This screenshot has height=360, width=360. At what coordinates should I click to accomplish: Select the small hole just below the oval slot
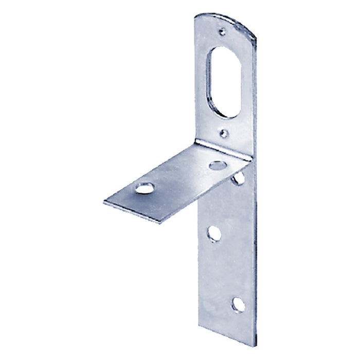pyautogui.click(x=222, y=134)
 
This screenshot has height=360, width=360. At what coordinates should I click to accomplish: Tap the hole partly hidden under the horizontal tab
pyautogui.click(x=238, y=178)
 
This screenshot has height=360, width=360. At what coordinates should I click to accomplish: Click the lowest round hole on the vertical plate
pyautogui.click(x=238, y=304)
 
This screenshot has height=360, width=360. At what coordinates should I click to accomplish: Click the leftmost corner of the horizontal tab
pyautogui.click(x=104, y=202)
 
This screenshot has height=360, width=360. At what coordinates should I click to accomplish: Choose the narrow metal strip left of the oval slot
pyautogui.click(x=202, y=82)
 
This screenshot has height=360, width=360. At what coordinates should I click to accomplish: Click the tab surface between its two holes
pyautogui.click(x=180, y=177)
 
